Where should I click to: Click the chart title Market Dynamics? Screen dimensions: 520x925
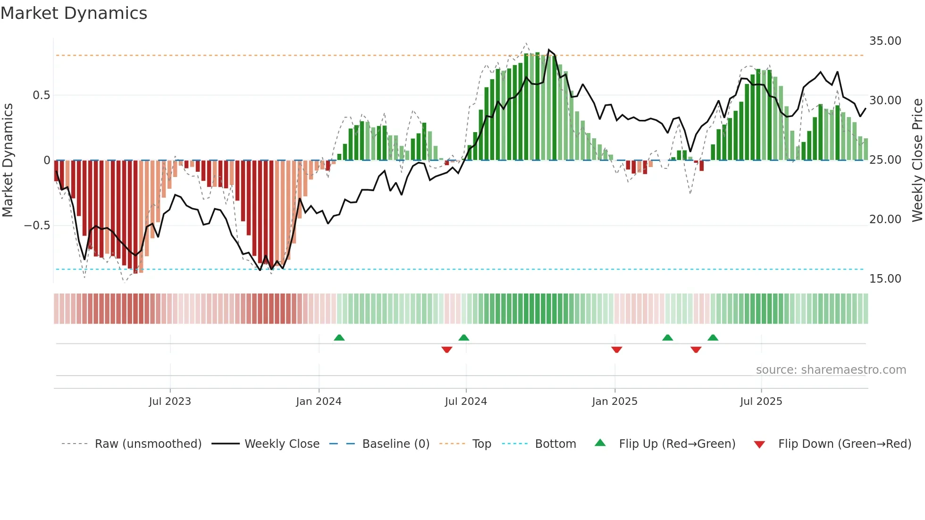[x=74, y=13]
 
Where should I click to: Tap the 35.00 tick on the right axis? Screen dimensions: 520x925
[x=885, y=41]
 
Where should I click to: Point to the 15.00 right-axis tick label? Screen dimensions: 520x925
[x=885, y=279]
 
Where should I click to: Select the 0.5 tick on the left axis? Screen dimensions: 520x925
[x=41, y=95]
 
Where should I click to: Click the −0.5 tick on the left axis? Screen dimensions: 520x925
[x=37, y=226]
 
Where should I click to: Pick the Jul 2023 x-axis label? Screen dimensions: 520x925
[x=170, y=402]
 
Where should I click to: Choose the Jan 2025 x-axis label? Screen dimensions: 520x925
[x=614, y=402]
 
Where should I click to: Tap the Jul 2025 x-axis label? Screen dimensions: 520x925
[x=761, y=402]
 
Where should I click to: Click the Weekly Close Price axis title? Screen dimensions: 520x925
[x=917, y=160]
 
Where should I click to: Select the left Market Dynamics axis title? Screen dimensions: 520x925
[x=8, y=160]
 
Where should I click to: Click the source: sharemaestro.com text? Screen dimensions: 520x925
[x=831, y=370]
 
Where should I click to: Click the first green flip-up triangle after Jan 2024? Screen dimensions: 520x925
[x=339, y=337]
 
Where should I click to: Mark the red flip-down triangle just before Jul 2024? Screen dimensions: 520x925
[x=446, y=350]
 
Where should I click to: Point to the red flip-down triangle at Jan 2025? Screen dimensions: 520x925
[x=616, y=350]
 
